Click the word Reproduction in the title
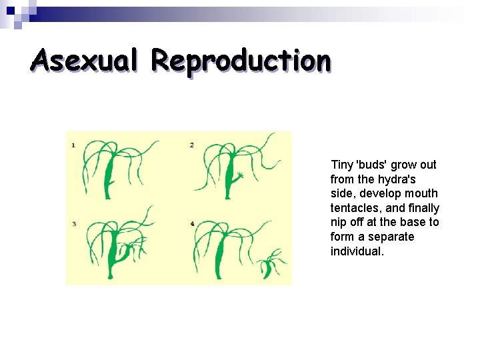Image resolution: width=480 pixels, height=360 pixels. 240,60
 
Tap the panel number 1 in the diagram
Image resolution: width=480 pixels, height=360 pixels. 73,145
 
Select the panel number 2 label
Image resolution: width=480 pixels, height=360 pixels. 191,145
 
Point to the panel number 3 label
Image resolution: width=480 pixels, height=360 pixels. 74,224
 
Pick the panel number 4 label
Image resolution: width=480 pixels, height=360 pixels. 192,224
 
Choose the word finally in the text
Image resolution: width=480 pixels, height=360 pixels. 423,208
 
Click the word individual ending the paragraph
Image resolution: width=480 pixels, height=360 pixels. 357,251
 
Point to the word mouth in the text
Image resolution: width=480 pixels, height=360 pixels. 423,193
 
